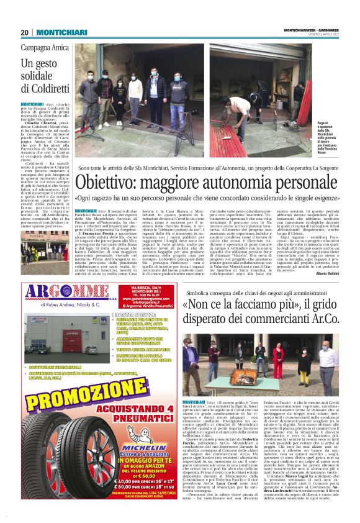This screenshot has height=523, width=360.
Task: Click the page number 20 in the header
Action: (x=25, y=32)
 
